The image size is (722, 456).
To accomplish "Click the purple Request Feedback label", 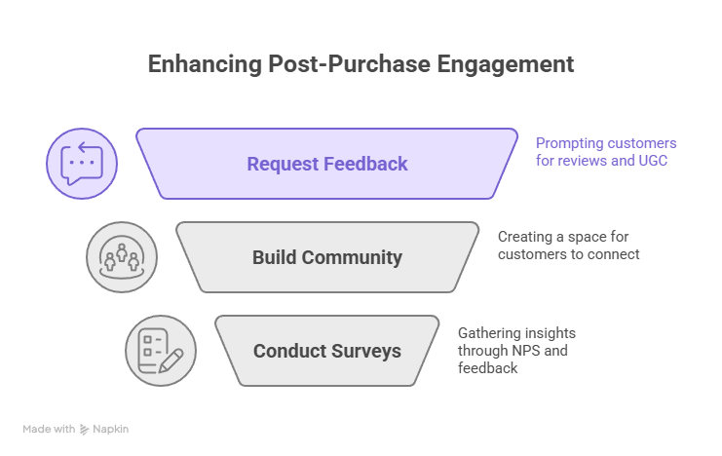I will click(326, 164).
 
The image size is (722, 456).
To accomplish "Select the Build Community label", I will click(326, 257).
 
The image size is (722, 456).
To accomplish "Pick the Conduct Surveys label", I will click(326, 351).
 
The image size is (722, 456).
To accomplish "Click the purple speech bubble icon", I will click(82, 164).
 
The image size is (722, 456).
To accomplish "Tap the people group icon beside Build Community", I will click(122, 257).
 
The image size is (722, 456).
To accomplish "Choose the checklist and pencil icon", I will click(161, 351).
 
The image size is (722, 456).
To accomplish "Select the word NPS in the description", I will click(546, 351).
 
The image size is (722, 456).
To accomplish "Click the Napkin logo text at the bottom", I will click(110, 429).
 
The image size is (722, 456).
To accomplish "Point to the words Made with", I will click(49, 429).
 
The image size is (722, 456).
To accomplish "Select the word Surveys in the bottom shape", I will click(363, 351).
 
